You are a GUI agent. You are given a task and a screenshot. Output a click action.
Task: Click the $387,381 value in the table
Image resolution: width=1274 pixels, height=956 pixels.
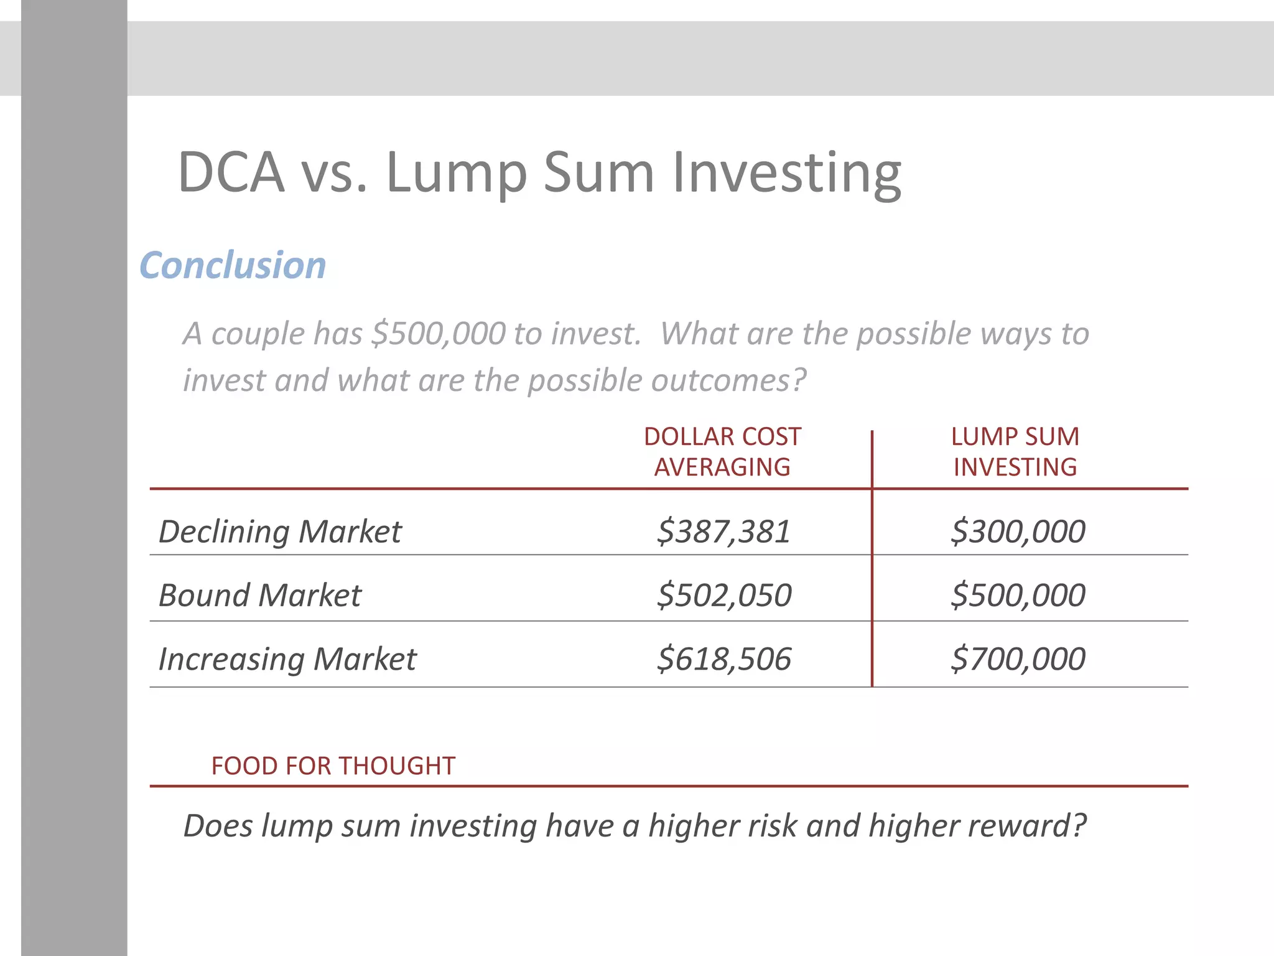click(723, 532)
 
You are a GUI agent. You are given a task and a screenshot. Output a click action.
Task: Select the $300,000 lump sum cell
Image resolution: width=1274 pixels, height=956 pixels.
click(1018, 532)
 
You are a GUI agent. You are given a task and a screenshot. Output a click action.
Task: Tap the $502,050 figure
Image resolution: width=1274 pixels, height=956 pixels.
click(724, 595)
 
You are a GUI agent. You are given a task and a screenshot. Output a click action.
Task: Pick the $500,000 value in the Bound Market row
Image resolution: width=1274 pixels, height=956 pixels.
click(1018, 595)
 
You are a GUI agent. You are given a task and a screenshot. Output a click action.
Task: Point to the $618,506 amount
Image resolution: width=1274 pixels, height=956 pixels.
click(724, 658)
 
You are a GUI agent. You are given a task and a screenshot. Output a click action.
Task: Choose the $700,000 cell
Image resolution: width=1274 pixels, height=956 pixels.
click(1018, 658)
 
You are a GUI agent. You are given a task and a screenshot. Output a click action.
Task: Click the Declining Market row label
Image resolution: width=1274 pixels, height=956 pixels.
click(280, 532)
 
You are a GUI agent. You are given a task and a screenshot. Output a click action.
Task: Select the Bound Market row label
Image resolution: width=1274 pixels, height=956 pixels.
click(260, 596)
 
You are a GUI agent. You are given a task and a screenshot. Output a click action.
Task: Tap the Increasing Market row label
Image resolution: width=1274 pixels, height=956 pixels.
click(287, 659)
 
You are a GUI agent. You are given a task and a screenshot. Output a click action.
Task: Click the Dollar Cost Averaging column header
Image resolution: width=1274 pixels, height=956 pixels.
click(722, 452)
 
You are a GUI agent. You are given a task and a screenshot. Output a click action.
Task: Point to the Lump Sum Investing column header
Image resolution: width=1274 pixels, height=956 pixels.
click(1015, 452)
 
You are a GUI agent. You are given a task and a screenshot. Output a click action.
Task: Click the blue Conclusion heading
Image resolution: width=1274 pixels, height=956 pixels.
click(233, 265)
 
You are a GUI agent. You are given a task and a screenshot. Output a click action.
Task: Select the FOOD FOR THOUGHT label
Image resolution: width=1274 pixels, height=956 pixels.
click(333, 766)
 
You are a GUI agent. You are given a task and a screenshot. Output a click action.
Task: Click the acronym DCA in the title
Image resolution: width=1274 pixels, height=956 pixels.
click(231, 172)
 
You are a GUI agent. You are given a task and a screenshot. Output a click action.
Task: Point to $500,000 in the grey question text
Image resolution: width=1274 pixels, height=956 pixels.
click(438, 334)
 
